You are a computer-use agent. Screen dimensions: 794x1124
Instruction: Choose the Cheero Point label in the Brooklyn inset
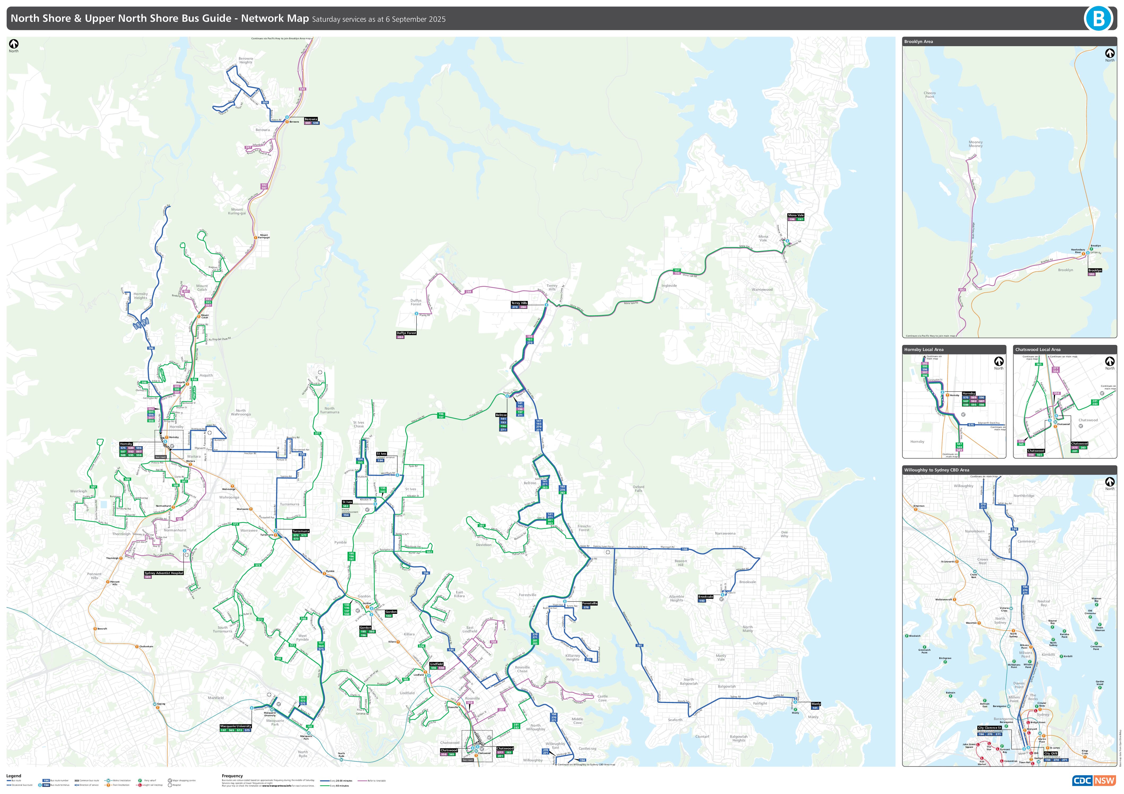coord(929,94)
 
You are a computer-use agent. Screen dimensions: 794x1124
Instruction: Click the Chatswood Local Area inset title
coord(1037,350)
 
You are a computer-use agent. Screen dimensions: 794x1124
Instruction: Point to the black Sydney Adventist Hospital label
coord(164,573)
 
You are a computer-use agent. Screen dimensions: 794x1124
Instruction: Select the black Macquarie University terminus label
coord(236,726)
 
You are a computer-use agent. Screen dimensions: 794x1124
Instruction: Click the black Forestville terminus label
coord(589,603)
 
